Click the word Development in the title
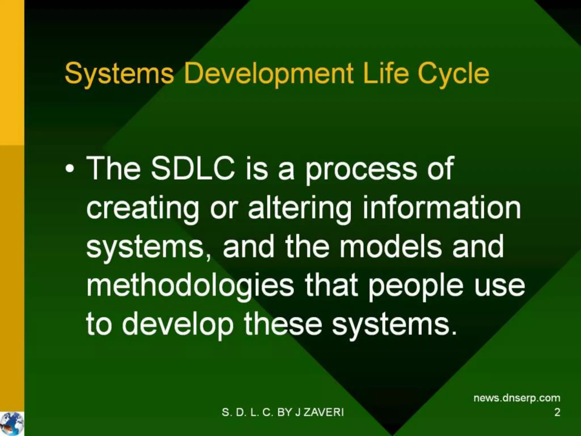(268, 74)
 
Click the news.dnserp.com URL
(517, 398)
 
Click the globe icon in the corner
(12, 424)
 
